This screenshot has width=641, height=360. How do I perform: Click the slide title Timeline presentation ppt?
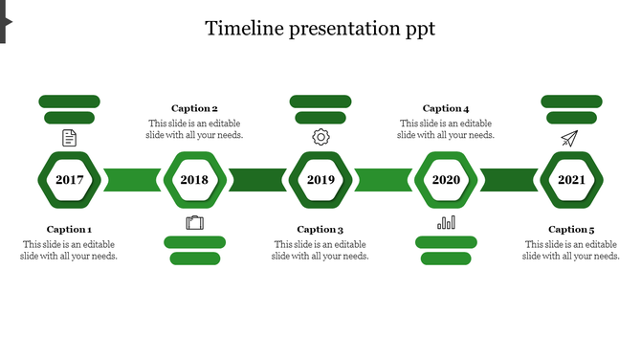[320, 29]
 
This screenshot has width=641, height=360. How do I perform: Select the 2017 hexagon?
[69, 179]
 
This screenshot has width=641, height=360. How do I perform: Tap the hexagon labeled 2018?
[194, 179]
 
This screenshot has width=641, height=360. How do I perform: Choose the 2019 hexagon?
[320, 179]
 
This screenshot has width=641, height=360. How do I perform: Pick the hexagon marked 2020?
[446, 179]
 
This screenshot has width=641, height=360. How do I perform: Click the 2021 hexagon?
[571, 179]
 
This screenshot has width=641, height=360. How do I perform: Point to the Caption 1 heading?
[69, 230]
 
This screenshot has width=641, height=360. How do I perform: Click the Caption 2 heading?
[194, 109]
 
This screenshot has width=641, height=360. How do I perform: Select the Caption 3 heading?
[320, 230]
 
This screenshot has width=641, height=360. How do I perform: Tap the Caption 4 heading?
[446, 109]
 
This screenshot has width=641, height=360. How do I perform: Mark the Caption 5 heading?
[571, 230]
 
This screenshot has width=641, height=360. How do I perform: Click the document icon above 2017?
[69, 138]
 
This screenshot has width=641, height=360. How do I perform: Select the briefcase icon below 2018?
[195, 223]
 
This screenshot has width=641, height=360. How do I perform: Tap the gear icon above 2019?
[320, 137]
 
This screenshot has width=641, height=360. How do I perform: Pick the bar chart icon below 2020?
[446, 223]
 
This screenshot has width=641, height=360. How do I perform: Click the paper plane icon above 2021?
[570, 139]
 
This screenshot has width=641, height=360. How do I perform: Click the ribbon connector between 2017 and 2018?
[132, 179]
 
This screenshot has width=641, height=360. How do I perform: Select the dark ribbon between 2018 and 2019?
[257, 179]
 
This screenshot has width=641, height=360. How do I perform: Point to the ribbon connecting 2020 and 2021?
[508, 179]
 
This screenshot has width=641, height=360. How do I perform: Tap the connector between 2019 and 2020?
[383, 179]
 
